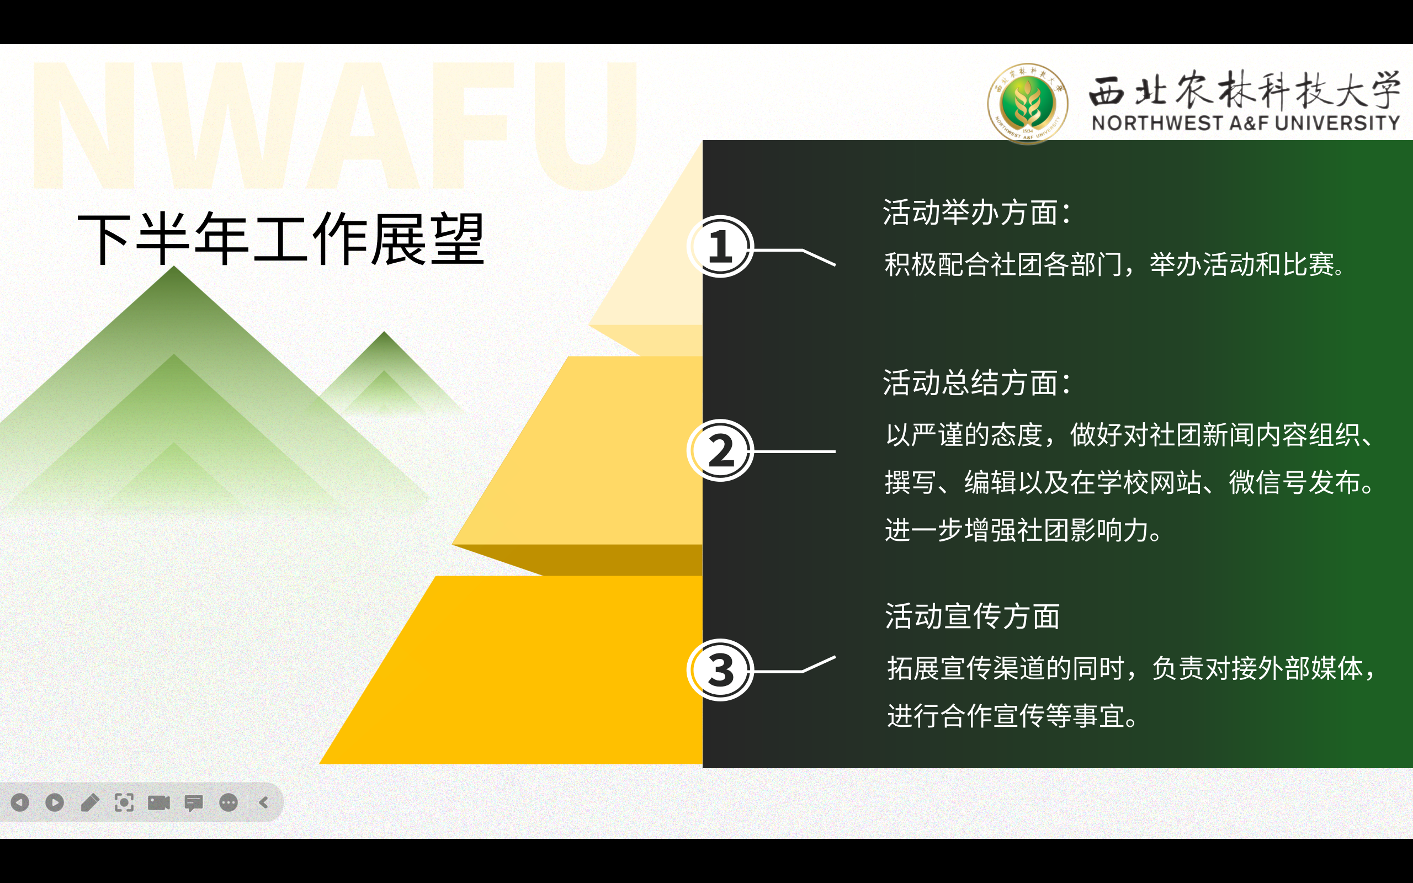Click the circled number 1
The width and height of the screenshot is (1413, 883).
[720, 247]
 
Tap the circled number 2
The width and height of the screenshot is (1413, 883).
[720, 451]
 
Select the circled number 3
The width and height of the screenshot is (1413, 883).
[720, 671]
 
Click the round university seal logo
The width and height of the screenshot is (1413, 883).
[1028, 103]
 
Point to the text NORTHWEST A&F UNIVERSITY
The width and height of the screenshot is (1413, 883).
[1245, 123]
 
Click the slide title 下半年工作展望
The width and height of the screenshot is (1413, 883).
[281, 239]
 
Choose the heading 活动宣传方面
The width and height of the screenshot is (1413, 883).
[972, 616]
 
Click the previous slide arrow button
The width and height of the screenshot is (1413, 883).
[20, 802]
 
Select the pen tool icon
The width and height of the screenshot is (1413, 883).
[89, 802]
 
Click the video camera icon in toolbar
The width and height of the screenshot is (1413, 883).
[159, 802]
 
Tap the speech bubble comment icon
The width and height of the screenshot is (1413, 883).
[193, 803]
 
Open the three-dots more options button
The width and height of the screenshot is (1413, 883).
[229, 802]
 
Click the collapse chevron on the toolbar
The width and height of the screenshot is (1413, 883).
[264, 802]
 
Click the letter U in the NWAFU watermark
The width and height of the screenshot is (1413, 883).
[585, 126]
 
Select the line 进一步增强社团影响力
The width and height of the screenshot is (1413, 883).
[1023, 530]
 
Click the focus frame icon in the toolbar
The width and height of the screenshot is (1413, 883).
[124, 802]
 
